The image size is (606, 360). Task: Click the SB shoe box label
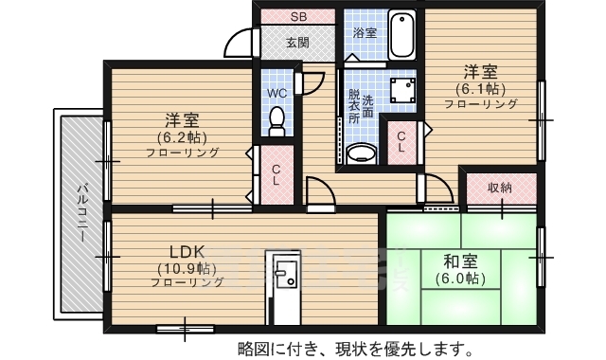point(298,17)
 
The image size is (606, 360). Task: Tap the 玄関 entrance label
point(297,42)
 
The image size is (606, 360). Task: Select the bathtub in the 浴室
point(402,35)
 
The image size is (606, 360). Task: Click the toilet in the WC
point(277,120)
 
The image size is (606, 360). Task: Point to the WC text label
point(277,93)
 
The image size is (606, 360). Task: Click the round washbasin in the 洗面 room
point(361,153)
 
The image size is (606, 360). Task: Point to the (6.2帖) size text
point(182,136)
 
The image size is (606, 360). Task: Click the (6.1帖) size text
point(479,88)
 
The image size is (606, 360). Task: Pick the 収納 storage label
point(500,188)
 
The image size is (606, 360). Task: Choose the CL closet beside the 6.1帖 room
point(401,142)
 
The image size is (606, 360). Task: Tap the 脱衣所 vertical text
point(353,106)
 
